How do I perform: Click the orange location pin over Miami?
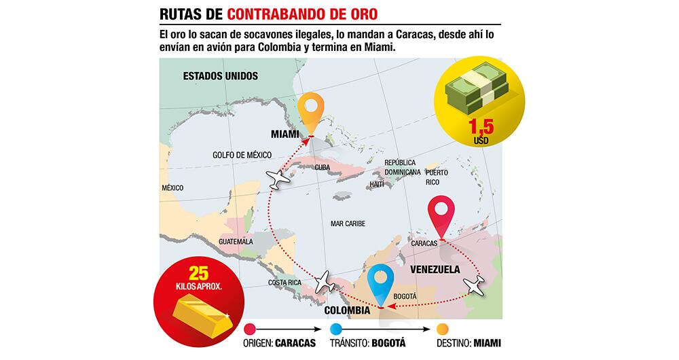point(311,111)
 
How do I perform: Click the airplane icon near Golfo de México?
point(279,179)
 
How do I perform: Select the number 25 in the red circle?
point(198,274)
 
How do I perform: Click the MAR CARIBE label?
point(348,223)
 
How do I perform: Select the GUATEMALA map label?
point(236,242)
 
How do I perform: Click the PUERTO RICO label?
point(437,177)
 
